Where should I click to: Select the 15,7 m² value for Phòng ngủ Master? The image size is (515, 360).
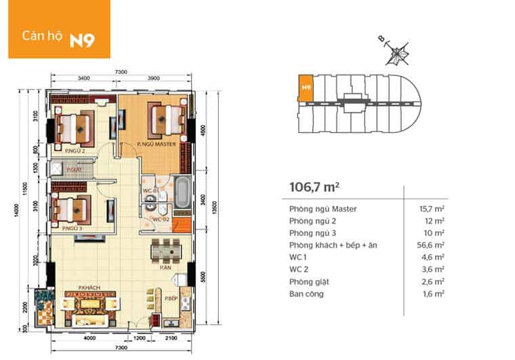tap(432, 209)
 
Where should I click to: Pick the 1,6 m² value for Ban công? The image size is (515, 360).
tap(434, 294)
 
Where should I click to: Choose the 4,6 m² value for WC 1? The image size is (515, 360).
tap(434, 258)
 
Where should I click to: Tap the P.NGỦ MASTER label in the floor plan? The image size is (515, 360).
tap(156, 145)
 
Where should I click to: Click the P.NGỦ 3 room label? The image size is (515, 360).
tap(71, 229)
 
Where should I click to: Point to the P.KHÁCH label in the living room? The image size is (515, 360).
tap(89, 288)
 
